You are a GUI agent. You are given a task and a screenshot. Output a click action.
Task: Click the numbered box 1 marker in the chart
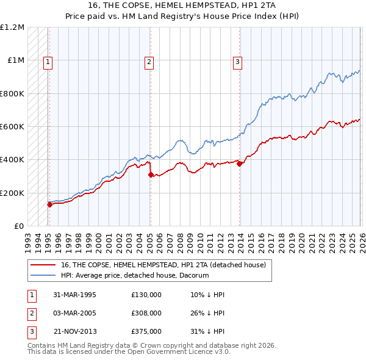(x=48, y=60)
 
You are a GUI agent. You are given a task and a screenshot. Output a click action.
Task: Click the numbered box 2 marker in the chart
(x=149, y=60)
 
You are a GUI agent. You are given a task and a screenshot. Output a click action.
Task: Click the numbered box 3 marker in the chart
(x=237, y=60)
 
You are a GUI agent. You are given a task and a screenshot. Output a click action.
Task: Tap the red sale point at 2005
(x=151, y=175)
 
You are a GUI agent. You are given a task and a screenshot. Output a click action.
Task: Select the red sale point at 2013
(x=240, y=164)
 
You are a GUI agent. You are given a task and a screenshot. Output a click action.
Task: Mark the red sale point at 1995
(x=50, y=204)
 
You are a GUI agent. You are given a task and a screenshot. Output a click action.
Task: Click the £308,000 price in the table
(x=146, y=313)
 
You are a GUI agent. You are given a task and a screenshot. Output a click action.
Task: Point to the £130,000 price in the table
(x=146, y=295)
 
